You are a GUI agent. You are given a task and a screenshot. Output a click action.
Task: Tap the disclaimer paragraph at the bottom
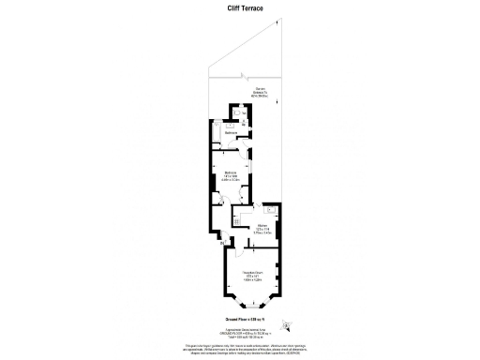coord(240,349)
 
